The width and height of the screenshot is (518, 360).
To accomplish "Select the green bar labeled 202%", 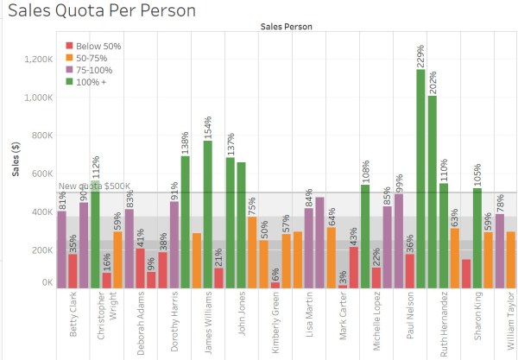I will pos(433,190).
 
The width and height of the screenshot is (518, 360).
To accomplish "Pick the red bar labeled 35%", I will pos(73,269).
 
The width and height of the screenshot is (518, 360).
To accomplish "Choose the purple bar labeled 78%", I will pos(499,249).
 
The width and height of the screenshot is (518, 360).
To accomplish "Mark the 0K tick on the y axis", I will pos(44,283).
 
